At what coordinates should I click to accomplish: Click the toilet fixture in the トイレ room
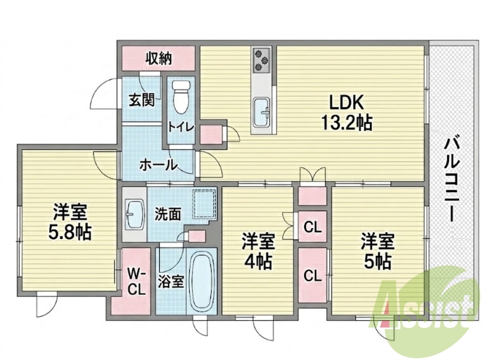click(181, 96)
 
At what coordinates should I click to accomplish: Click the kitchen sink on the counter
click(262, 112)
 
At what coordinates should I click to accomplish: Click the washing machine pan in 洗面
click(204, 203)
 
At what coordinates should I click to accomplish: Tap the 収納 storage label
click(158, 57)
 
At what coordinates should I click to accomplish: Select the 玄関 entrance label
click(141, 100)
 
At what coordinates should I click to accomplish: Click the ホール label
click(158, 166)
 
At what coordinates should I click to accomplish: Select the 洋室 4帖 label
click(258, 251)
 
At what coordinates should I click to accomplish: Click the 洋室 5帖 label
click(378, 251)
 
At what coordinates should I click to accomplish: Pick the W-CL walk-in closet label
click(137, 281)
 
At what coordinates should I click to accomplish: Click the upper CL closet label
click(312, 228)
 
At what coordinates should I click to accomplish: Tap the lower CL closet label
click(312, 276)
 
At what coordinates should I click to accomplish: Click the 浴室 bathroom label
click(171, 281)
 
